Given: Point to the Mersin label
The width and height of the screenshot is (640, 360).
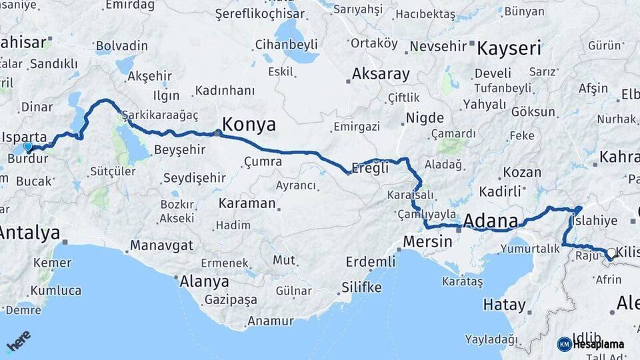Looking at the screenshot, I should [429, 241].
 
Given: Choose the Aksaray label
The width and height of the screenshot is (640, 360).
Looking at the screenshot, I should [381, 74].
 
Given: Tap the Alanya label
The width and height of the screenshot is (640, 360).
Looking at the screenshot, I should [205, 281].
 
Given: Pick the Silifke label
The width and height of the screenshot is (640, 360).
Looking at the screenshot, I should [361, 287].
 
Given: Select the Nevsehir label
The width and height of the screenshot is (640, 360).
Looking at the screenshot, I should [436, 47].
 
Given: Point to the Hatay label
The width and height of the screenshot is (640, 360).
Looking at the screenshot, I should [505, 305].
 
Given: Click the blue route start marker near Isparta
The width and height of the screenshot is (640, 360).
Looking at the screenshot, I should [27, 147].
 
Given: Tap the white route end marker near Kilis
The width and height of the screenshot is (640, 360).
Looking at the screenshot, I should [611, 252].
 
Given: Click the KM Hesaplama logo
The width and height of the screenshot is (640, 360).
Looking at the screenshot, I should [591, 344].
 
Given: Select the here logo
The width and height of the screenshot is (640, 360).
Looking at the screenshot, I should [18, 342].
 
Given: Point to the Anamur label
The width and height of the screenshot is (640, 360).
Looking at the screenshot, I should [270, 321].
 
